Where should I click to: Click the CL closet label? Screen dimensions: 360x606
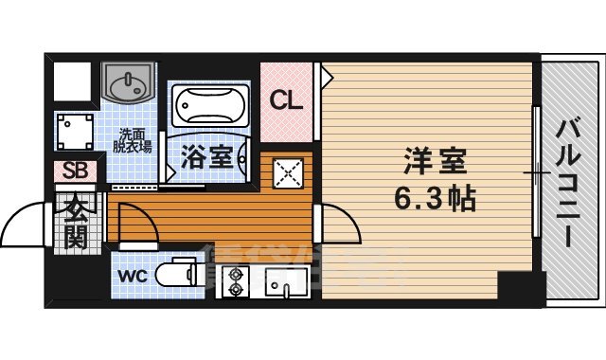pos(287,99)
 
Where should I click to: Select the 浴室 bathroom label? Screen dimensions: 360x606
pos(206,157)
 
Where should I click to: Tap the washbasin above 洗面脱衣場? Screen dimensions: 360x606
pos(129,84)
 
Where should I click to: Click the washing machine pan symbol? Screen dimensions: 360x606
pos(73,132)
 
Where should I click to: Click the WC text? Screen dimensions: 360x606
pos(132,277)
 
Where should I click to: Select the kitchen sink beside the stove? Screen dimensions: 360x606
pos(282,283)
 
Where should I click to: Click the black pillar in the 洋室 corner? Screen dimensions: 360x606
pos(515,284)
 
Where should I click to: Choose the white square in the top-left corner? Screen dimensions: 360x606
pos(72,82)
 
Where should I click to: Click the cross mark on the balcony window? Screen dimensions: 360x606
pos(538,174)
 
